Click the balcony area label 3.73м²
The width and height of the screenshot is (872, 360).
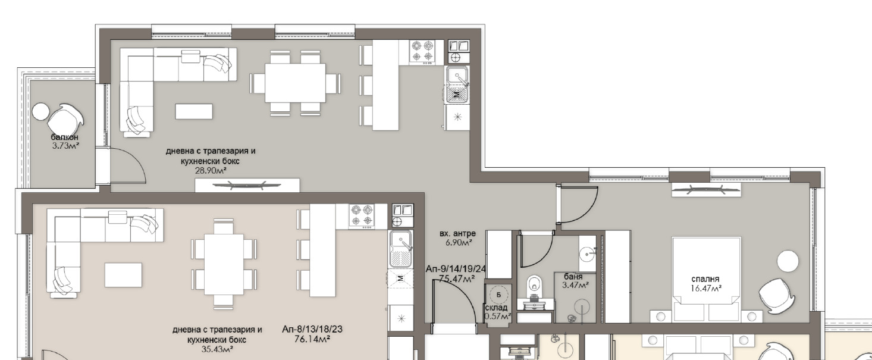(x=66, y=146)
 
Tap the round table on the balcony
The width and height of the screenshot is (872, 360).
(x=40, y=111)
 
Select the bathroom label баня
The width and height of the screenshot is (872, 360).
(x=573, y=277)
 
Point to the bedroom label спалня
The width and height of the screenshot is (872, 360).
(x=705, y=279)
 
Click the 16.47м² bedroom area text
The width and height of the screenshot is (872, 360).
(x=706, y=289)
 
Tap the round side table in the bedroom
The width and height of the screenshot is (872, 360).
(x=788, y=261)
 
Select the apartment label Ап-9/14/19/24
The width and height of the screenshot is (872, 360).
(x=456, y=269)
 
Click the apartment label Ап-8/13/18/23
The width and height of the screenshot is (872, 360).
(x=312, y=329)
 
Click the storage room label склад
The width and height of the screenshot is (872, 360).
(x=496, y=308)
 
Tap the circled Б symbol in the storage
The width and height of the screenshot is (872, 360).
(x=498, y=295)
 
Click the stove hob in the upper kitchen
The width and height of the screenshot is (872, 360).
(x=422, y=52)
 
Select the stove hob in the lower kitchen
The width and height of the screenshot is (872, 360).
(x=362, y=216)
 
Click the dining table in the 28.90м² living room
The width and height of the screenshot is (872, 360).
(x=295, y=83)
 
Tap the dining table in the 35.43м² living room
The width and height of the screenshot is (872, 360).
(x=224, y=264)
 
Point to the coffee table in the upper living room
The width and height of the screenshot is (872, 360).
(x=194, y=111)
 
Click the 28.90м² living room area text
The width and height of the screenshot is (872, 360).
(x=211, y=171)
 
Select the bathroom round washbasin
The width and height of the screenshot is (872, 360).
(x=586, y=255)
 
